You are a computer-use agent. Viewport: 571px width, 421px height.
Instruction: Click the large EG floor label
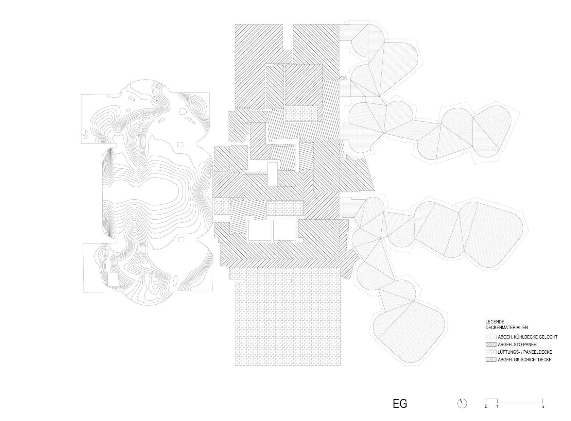tap(400, 411)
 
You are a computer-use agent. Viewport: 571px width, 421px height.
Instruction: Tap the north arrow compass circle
tap(462, 411)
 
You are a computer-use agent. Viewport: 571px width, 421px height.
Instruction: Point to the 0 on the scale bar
tap(486, 414)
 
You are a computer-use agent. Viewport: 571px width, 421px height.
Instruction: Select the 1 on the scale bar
tap(497, 414)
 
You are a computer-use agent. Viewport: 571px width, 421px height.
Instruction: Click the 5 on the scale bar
tap(542, 414)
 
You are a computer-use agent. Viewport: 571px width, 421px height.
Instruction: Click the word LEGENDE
tap(495, 322)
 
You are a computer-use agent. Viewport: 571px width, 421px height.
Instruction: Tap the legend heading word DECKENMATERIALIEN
tap(506, 327)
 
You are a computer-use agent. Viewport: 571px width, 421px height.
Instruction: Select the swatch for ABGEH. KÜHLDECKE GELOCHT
tap(491, 337)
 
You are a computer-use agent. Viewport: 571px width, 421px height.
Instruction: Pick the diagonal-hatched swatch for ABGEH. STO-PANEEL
tap(491, 344)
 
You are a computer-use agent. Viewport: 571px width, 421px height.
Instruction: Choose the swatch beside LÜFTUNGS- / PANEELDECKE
tap(491, 352)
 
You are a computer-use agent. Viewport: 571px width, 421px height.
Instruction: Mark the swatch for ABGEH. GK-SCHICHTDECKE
tap(491, 359)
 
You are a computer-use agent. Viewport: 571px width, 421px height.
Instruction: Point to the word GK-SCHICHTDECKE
tap(532, 359)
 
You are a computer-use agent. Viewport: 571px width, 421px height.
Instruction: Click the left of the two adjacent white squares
tap(259, 230)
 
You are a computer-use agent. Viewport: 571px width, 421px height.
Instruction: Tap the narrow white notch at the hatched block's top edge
tap(288, 37)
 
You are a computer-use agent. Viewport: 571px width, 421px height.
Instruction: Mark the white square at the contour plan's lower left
tap(113, 279)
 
